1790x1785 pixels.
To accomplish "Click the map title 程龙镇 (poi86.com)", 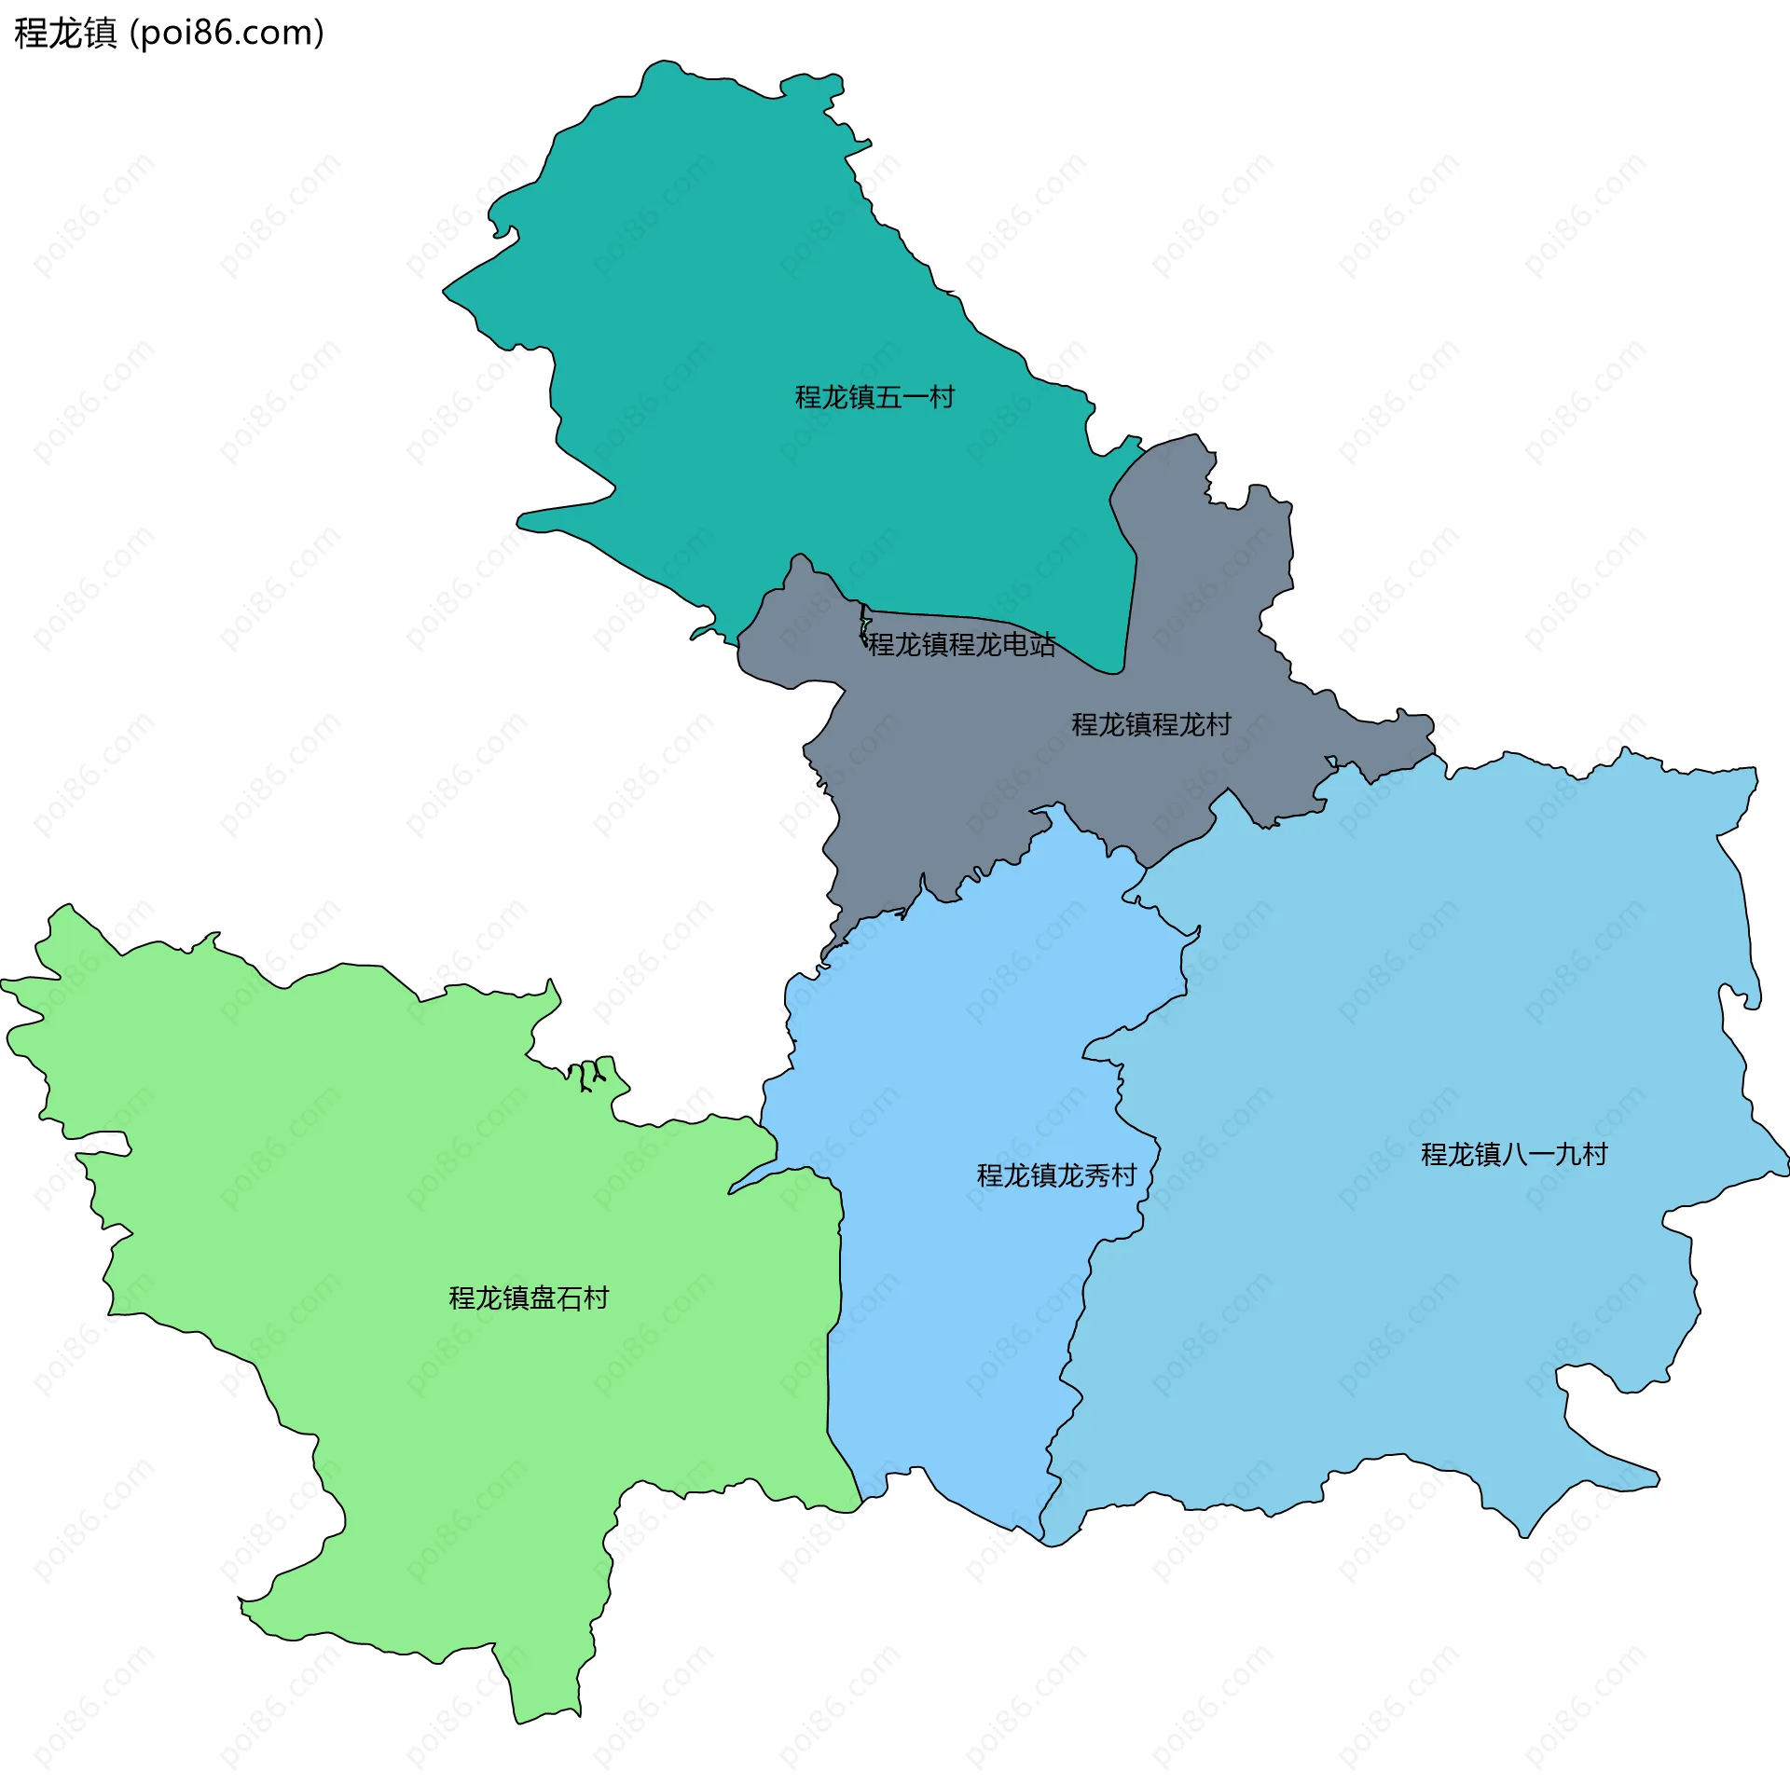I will (x=169, y=34).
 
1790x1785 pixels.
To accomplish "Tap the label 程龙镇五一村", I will (x=874, y=398).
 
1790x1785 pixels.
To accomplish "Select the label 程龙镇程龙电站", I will (x=961, y=644).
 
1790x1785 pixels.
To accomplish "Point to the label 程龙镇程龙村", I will (x=1151, y=724).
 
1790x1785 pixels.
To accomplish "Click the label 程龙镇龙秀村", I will (x=1056, y=1175).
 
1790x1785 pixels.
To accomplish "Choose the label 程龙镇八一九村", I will (x=1514, y=1155).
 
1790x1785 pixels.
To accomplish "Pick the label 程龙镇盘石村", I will (x=529, y=1298).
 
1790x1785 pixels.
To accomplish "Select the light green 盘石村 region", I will (x=420, y=1165).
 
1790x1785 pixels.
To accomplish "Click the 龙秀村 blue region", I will (x=951, y=1305).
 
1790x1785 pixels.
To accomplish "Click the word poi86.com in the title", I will (x=227, y=34).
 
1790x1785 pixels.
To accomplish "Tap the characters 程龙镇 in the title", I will (x=65, y=34).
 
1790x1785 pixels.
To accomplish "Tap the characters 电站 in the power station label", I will (x=1029, y=644).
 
